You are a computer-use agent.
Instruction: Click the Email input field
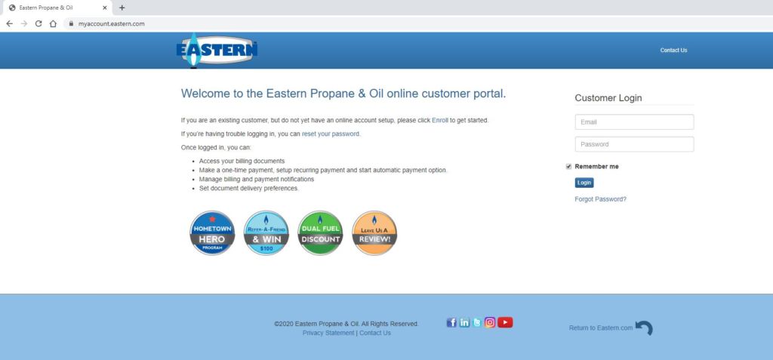pos(634,122)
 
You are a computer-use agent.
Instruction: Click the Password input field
pos(634,144)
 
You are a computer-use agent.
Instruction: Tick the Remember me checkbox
pos(568,167)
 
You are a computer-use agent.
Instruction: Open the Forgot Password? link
pos(600,199)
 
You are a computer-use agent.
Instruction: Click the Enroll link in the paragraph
pos(440,120)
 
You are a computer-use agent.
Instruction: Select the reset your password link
pos(331,134)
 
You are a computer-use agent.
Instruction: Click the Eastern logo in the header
pos(217,50)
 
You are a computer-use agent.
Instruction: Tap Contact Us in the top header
pos(673,51)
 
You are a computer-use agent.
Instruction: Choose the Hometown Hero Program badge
pos(212,232)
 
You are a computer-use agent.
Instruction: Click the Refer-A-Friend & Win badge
pos(266,232)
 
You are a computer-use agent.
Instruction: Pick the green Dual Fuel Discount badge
pos(320,232)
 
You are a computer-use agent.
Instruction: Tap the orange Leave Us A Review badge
pos(374,232)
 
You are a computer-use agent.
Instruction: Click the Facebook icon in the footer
pos(451,322)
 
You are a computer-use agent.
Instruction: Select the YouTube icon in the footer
pos(505,322)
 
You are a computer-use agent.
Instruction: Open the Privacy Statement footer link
pos(328,333)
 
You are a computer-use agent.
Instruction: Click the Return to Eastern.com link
pos(600,328)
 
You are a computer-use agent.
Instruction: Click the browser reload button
pos(38,23)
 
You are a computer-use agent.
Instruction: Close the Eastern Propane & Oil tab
pos(104,8)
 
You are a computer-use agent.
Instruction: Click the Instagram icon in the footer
pos(489,322)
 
